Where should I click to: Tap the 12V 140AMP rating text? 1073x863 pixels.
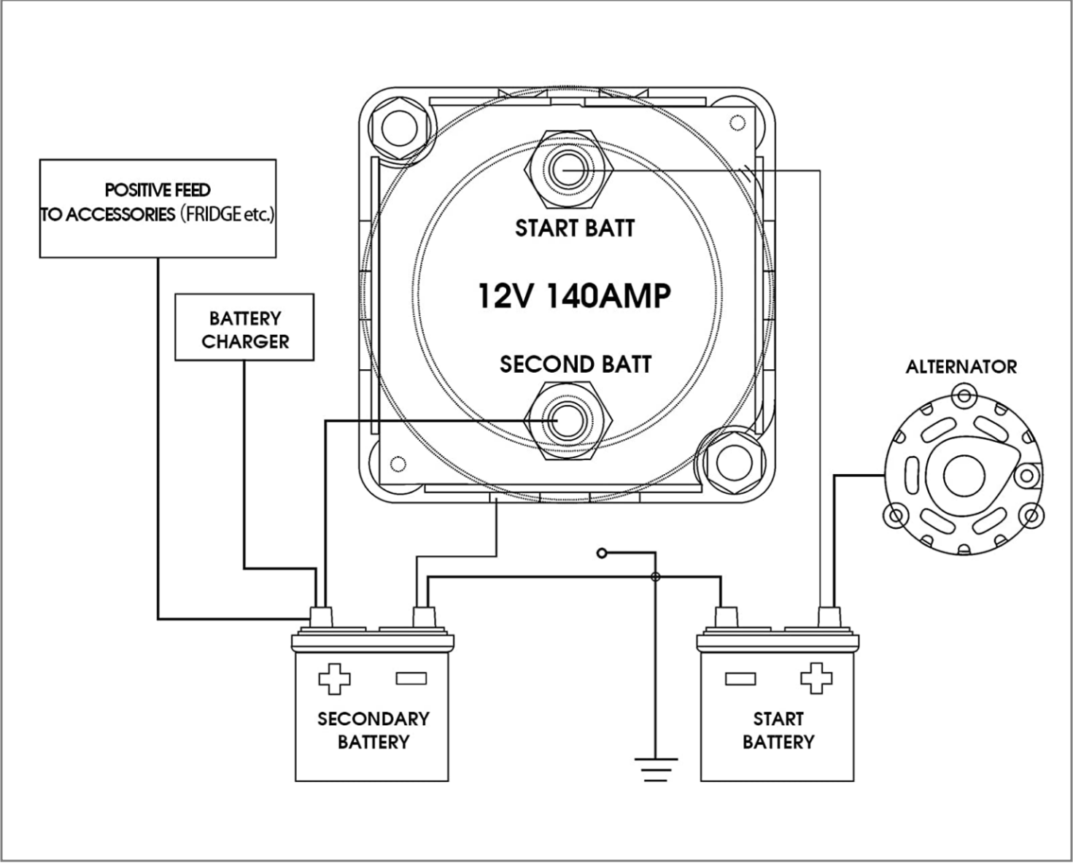coord(574,296)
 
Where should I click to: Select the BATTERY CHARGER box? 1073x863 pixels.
coord(244,328)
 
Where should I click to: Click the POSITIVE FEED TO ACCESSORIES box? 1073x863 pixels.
coord(158,209)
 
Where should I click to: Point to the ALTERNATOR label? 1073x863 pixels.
coord(961,367)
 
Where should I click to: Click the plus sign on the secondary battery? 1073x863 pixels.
coord(334,678)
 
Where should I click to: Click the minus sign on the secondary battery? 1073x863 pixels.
coord(411,678)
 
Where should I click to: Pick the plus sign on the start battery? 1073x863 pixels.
coord(816,678)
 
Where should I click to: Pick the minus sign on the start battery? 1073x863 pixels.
coord(740,678)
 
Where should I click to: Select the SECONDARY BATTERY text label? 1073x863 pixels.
coord(373,730)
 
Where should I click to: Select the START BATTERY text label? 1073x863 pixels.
coord(778,730)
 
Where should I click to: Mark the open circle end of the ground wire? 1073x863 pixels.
coord(602,553)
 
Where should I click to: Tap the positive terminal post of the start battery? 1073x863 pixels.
coord(827,617)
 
